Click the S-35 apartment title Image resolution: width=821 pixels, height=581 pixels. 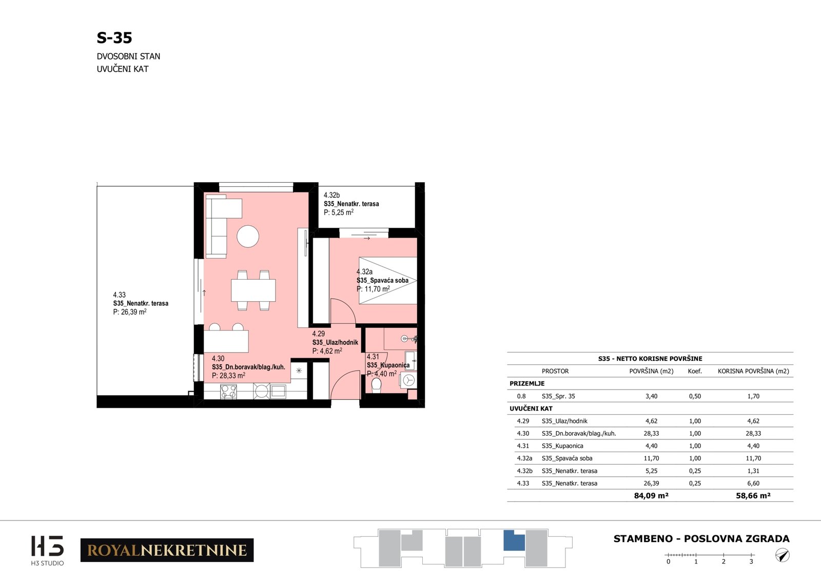[114, 38]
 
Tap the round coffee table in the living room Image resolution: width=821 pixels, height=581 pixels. [248, 237]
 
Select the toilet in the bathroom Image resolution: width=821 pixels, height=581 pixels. [376, 385]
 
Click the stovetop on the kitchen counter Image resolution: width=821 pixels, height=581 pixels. [228, 391]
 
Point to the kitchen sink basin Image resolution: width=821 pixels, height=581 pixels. [278, 391]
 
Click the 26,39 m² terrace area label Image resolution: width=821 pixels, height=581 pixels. [130, 312]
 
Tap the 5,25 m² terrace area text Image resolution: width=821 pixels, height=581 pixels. [338, 212]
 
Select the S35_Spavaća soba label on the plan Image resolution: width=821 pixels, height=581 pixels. [382, 280]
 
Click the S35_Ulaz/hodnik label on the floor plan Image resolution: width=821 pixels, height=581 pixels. [335, 342]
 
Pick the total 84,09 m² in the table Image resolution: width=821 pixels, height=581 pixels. [651, 496]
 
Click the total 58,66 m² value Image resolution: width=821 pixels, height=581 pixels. [753, 496]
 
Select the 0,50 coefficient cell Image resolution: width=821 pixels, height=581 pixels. [695, 396]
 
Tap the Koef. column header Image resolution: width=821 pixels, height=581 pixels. [695, 371]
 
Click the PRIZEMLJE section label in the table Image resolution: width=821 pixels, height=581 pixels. [527, 383]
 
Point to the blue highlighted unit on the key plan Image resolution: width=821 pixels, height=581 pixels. [514, 541]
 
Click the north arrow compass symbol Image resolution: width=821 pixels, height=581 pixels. [782, 555]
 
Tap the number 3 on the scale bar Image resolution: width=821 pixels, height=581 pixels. [751, 561]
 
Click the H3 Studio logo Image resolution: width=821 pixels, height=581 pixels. [47, 550]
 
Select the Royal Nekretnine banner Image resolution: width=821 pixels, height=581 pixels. [167, 550]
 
